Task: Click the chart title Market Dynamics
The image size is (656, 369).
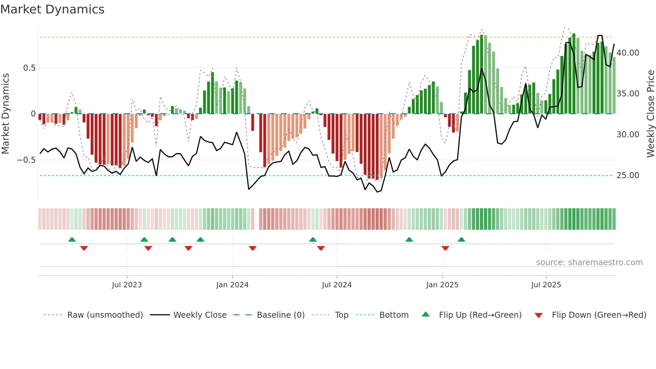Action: coord(52,9)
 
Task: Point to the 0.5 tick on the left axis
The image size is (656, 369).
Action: coord(29,68)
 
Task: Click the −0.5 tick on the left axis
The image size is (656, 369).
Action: coord(26,160)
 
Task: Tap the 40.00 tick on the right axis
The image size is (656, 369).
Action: coord(628,53)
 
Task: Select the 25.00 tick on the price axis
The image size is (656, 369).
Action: coord(628,175)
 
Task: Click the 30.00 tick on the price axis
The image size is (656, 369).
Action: coord(628,135)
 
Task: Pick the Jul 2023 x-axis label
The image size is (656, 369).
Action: coord(127,285)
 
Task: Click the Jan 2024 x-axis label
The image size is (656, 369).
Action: coord(232,285)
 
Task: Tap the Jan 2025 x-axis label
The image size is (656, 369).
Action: coord(442,285)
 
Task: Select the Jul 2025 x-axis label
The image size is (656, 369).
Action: coord(546,285)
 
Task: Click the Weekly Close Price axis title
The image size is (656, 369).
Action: coord(650,114)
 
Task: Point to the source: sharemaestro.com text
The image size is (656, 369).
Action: coord(589,263)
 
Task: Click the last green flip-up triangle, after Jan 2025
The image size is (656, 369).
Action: coord(461,239)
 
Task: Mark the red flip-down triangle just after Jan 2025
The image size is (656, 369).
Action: coord(445,248)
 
